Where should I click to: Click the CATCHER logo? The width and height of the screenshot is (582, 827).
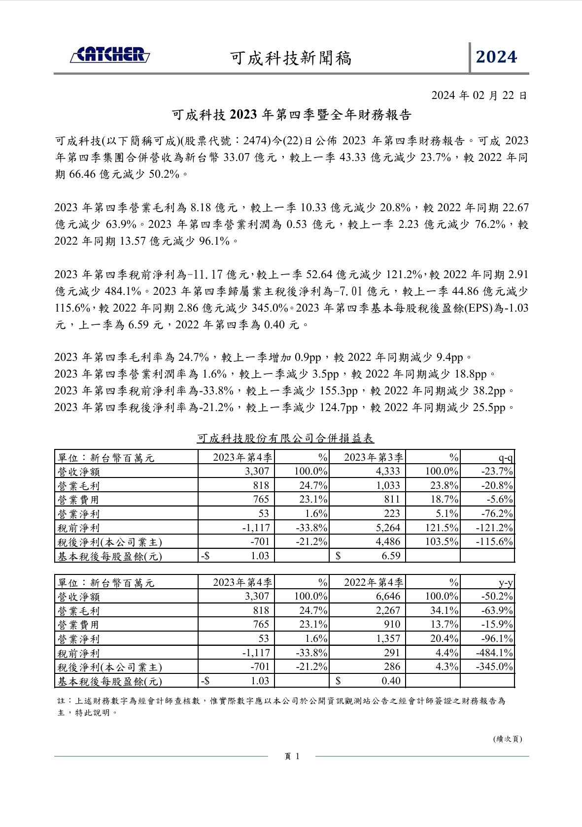coord(110,55)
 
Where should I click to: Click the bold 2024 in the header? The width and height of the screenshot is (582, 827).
coord(496,58)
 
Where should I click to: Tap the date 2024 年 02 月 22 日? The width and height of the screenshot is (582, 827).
coord(479,95)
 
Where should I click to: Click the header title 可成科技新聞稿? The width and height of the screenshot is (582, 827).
coord(291,59)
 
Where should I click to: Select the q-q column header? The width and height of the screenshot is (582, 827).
coord(505,458)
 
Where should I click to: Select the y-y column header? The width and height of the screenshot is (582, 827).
coord(505,583)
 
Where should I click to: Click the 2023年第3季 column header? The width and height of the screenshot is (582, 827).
coord(373,457)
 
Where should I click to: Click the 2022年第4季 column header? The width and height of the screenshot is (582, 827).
coord(373,582)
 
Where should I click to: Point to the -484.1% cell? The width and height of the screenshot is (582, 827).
coord(494,653)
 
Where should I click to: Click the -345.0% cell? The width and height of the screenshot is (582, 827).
coord(494,667)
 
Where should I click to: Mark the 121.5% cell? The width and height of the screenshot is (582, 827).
coord(442,528)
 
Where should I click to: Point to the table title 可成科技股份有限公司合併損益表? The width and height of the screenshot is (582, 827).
coord(285,438)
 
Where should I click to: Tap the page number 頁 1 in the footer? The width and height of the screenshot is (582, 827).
coord(292,757)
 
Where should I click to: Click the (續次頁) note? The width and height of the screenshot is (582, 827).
coord(507,739)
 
